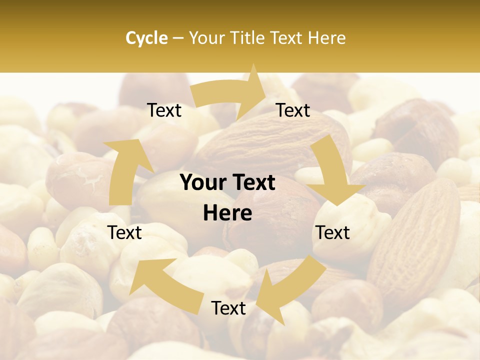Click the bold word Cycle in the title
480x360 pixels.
(146, 38)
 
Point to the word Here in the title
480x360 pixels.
(326, 38)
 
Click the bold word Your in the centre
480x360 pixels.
(202, 183)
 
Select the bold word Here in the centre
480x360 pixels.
(227, 213)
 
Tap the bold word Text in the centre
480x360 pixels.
(252, 183)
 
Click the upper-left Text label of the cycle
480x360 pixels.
(164, 110)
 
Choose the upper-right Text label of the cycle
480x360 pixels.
(293, 110)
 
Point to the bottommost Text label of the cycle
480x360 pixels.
(228, 308)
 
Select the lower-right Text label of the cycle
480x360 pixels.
(333, 232)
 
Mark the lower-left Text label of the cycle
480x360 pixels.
(124, 232)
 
